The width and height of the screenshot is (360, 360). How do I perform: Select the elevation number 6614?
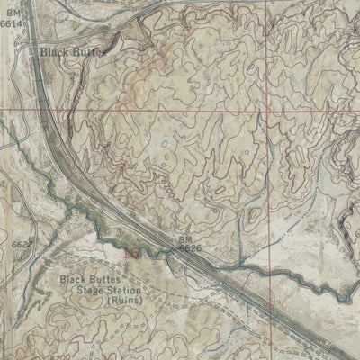pos(10,25)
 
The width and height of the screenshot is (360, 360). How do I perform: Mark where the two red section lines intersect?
pos(267,109)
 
